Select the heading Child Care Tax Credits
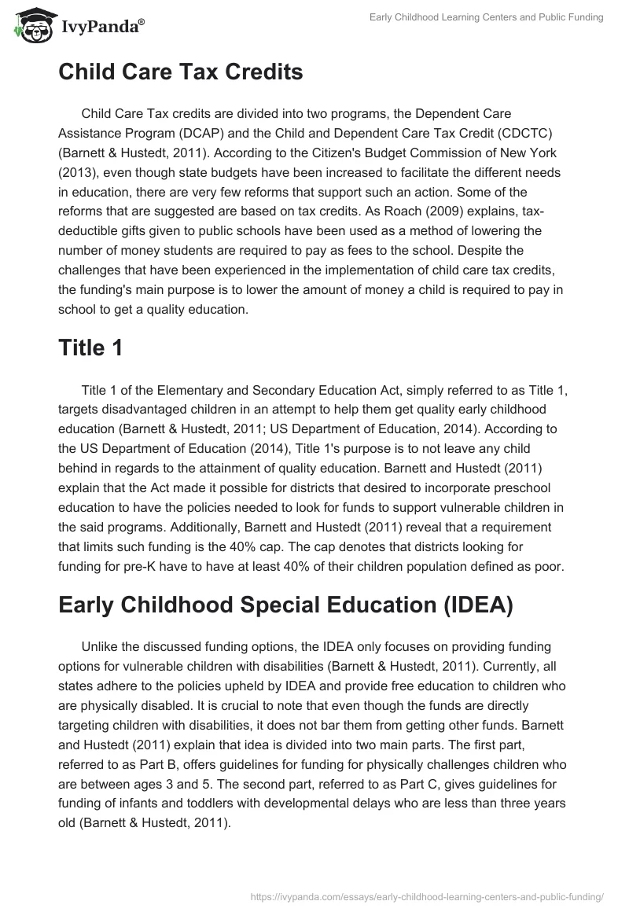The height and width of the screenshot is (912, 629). [180, 72]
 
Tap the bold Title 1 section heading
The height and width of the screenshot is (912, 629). [90, 348]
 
